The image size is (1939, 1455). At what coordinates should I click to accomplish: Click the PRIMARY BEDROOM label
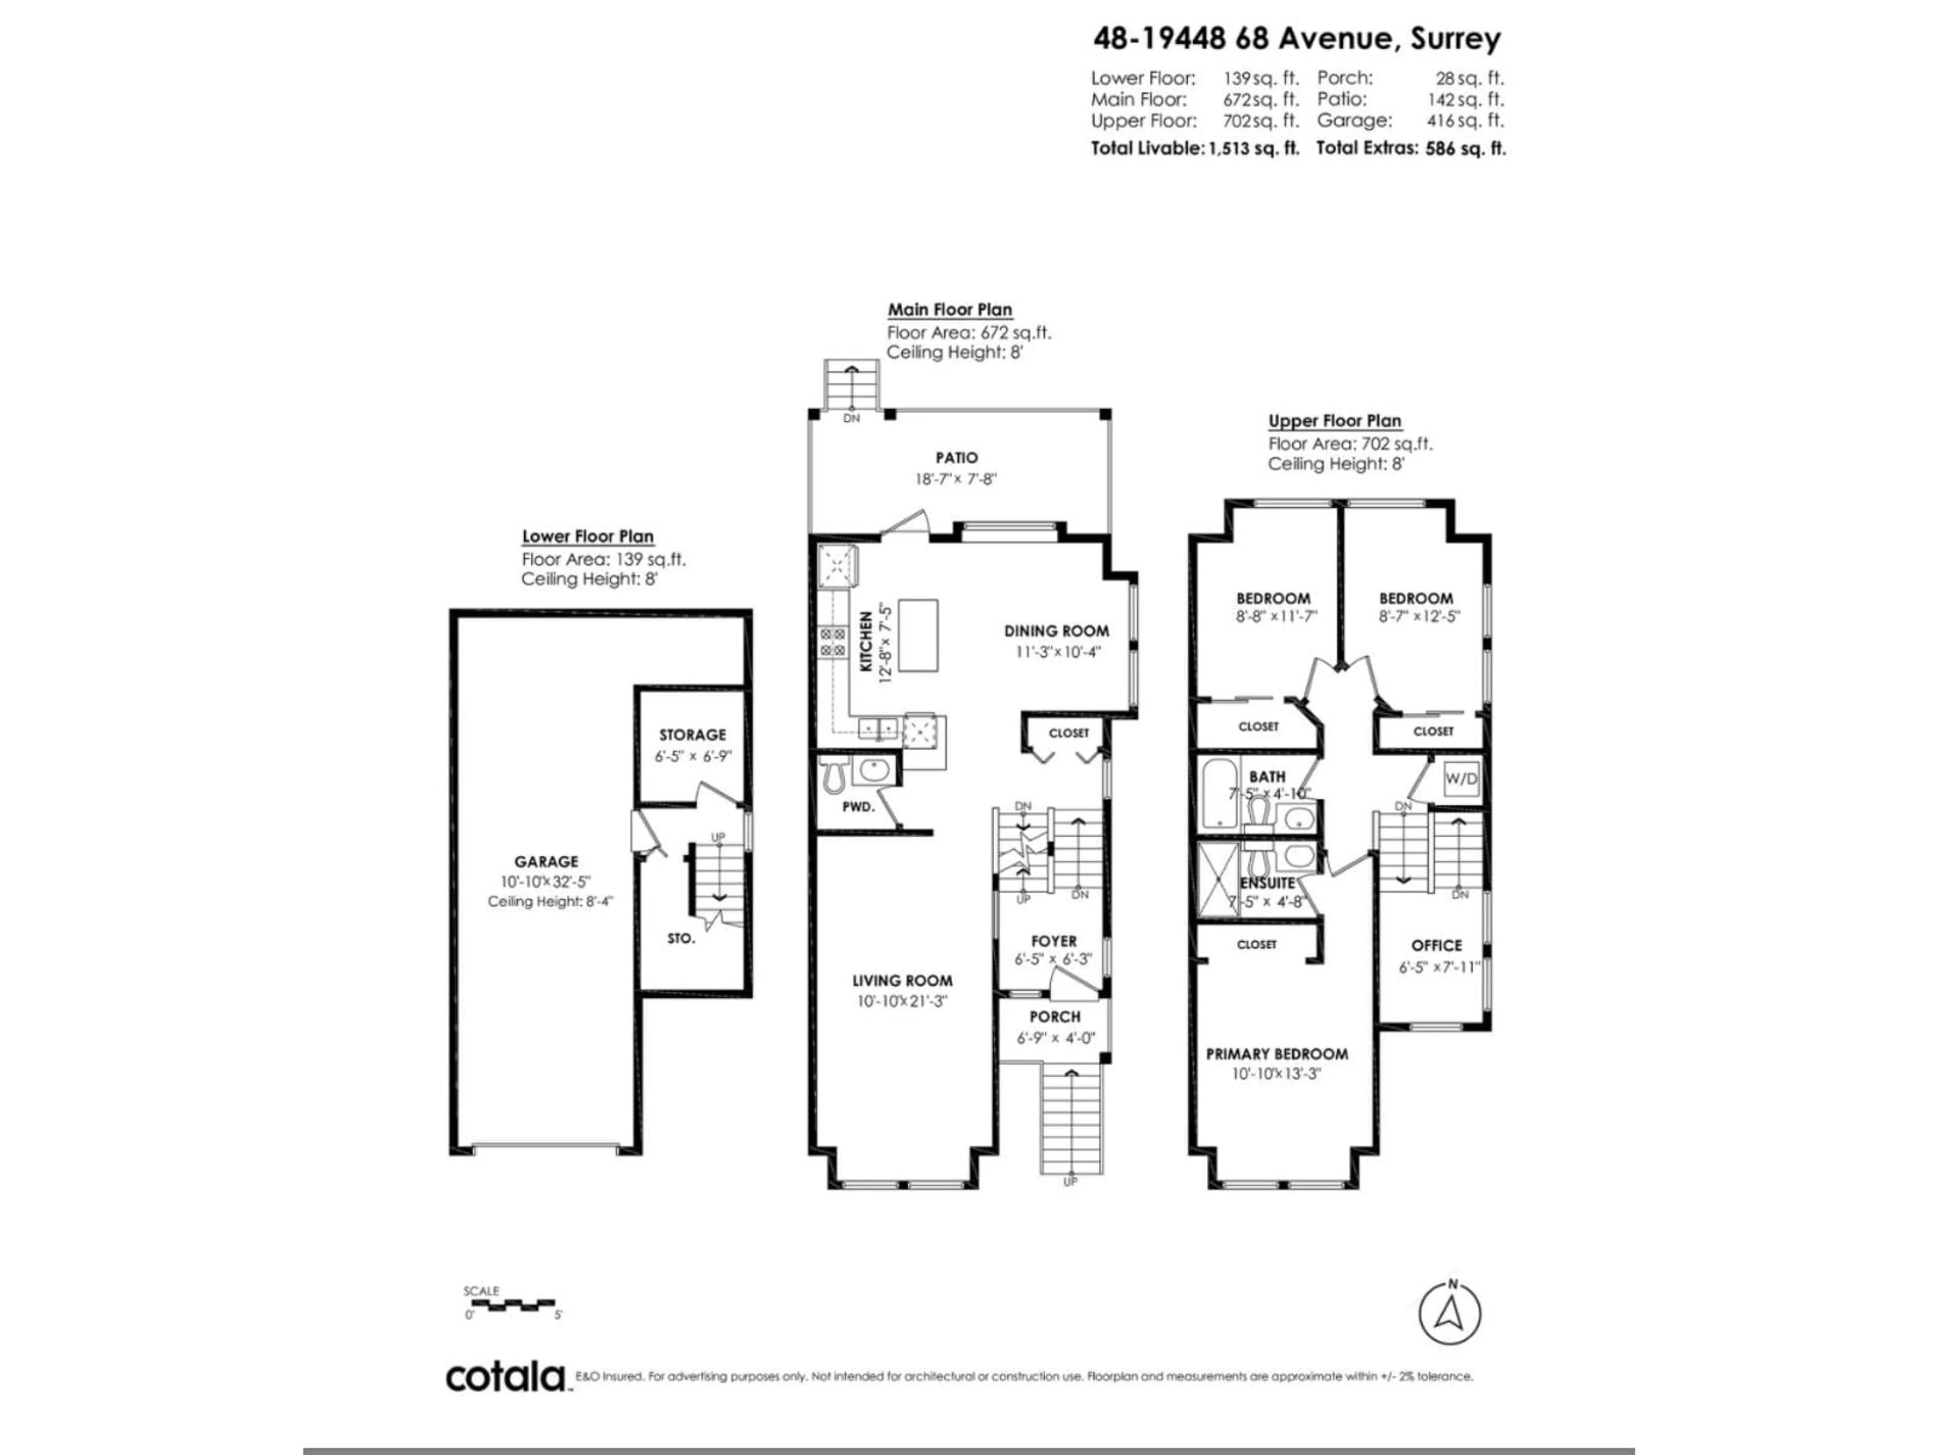pos(1277,1054)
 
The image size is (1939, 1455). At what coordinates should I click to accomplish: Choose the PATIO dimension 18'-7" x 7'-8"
pos(955,479)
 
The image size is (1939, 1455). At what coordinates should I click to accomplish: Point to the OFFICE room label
pos(1436,945)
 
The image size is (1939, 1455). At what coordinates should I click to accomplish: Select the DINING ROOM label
pos(1056,630)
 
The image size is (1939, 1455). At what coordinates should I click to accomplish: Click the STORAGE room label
pos(692,735)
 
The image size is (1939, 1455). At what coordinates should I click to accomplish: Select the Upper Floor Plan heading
pos(1334,421)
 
